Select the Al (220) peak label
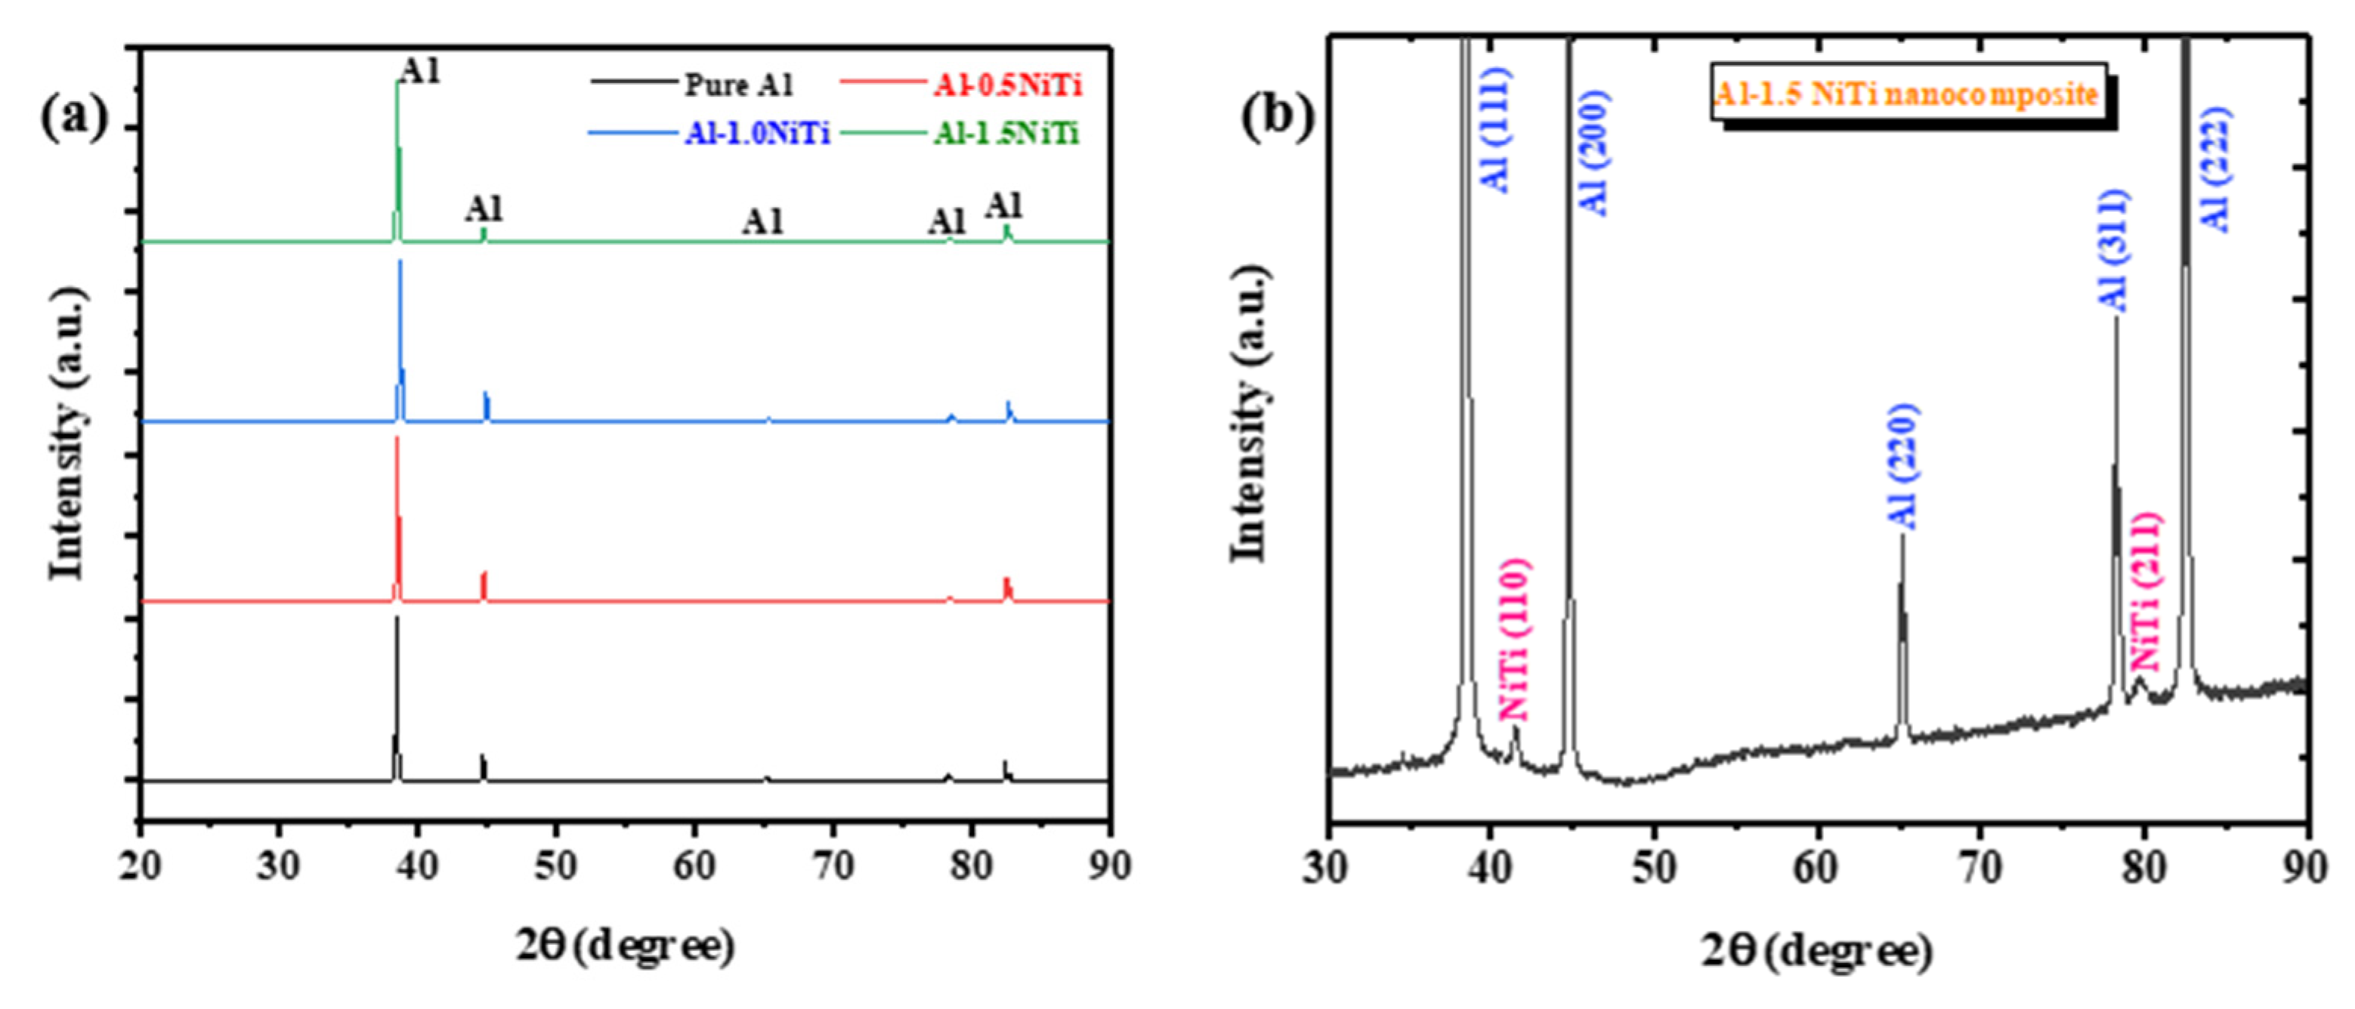(x=1904, y=466)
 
